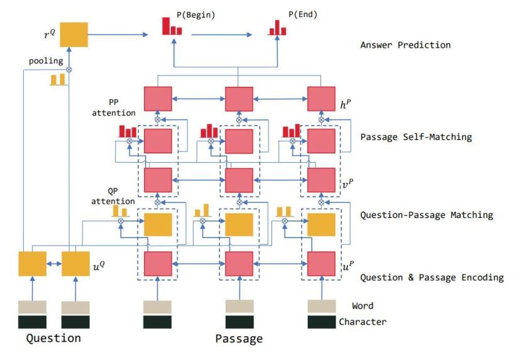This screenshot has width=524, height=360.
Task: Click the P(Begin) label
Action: [196, 15]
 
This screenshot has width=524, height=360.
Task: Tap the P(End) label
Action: [303, 14]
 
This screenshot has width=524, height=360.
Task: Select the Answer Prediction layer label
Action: [405, 45]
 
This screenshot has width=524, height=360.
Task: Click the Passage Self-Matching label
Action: [416, 137]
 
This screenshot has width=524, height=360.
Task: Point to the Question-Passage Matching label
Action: [427, 215]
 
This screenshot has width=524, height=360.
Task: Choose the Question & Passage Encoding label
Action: [432, 278]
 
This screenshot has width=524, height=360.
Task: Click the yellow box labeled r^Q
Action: [74, 35]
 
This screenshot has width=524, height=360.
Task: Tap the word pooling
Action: [46, 61]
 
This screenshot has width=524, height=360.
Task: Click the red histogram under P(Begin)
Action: [172, 26]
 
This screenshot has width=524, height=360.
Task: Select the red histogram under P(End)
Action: [277, 28]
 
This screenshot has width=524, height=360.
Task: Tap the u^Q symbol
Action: [99, 266]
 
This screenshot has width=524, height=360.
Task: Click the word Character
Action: [363, 322]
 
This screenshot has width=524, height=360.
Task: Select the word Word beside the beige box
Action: [363, 306]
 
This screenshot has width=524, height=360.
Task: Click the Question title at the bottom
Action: [53, 338]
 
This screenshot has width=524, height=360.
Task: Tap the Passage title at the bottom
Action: [239, 339]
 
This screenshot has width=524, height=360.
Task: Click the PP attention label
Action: [114, 107]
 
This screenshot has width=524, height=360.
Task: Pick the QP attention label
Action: [113, 196]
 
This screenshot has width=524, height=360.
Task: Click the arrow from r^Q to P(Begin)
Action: [118, 35]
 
